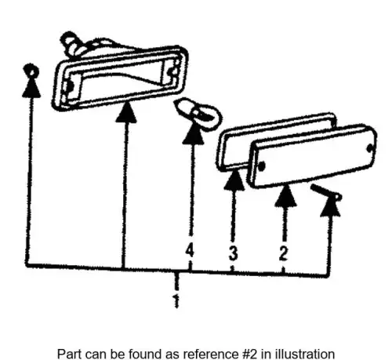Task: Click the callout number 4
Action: (190, 250)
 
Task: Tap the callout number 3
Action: (234, 253)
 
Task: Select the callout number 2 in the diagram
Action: (283, 253)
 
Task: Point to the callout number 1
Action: (176, 301)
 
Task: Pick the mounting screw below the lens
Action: (326, 192)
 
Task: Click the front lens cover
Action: (312, 156)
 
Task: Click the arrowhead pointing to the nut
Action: (31, 88)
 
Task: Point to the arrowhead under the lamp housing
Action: (126, 112)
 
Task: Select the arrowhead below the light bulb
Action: (194, 133)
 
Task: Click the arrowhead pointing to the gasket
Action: (234, 180)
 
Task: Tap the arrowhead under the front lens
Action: (285, 195)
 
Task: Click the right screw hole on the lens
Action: (370, 148)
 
